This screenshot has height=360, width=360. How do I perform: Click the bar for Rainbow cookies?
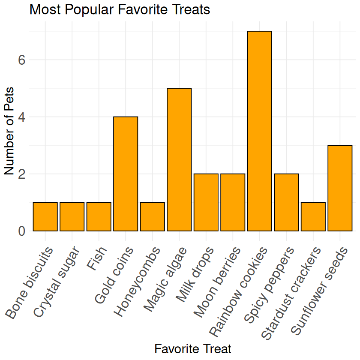pos(259,131)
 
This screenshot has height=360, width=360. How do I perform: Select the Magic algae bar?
pos(179,159)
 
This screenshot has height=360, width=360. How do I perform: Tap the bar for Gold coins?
pos(126,174)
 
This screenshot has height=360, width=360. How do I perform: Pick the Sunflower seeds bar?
pos(340,188)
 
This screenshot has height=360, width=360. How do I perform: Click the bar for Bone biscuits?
pos(45,216)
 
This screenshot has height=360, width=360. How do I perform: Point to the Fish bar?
pos(99,216)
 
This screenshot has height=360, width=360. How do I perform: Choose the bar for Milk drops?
pos(206,202)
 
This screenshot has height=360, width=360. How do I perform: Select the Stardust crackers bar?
pos(313,216)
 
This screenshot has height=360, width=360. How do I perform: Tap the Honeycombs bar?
pos(152,216)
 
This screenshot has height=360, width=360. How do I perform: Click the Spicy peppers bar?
pos(286,202)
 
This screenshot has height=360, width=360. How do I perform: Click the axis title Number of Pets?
pos(9,131)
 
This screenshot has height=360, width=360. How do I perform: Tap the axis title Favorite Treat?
pos(192,348)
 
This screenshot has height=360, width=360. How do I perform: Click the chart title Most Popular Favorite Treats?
pos(120,9)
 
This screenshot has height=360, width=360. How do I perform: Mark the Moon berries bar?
pos(233,202)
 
